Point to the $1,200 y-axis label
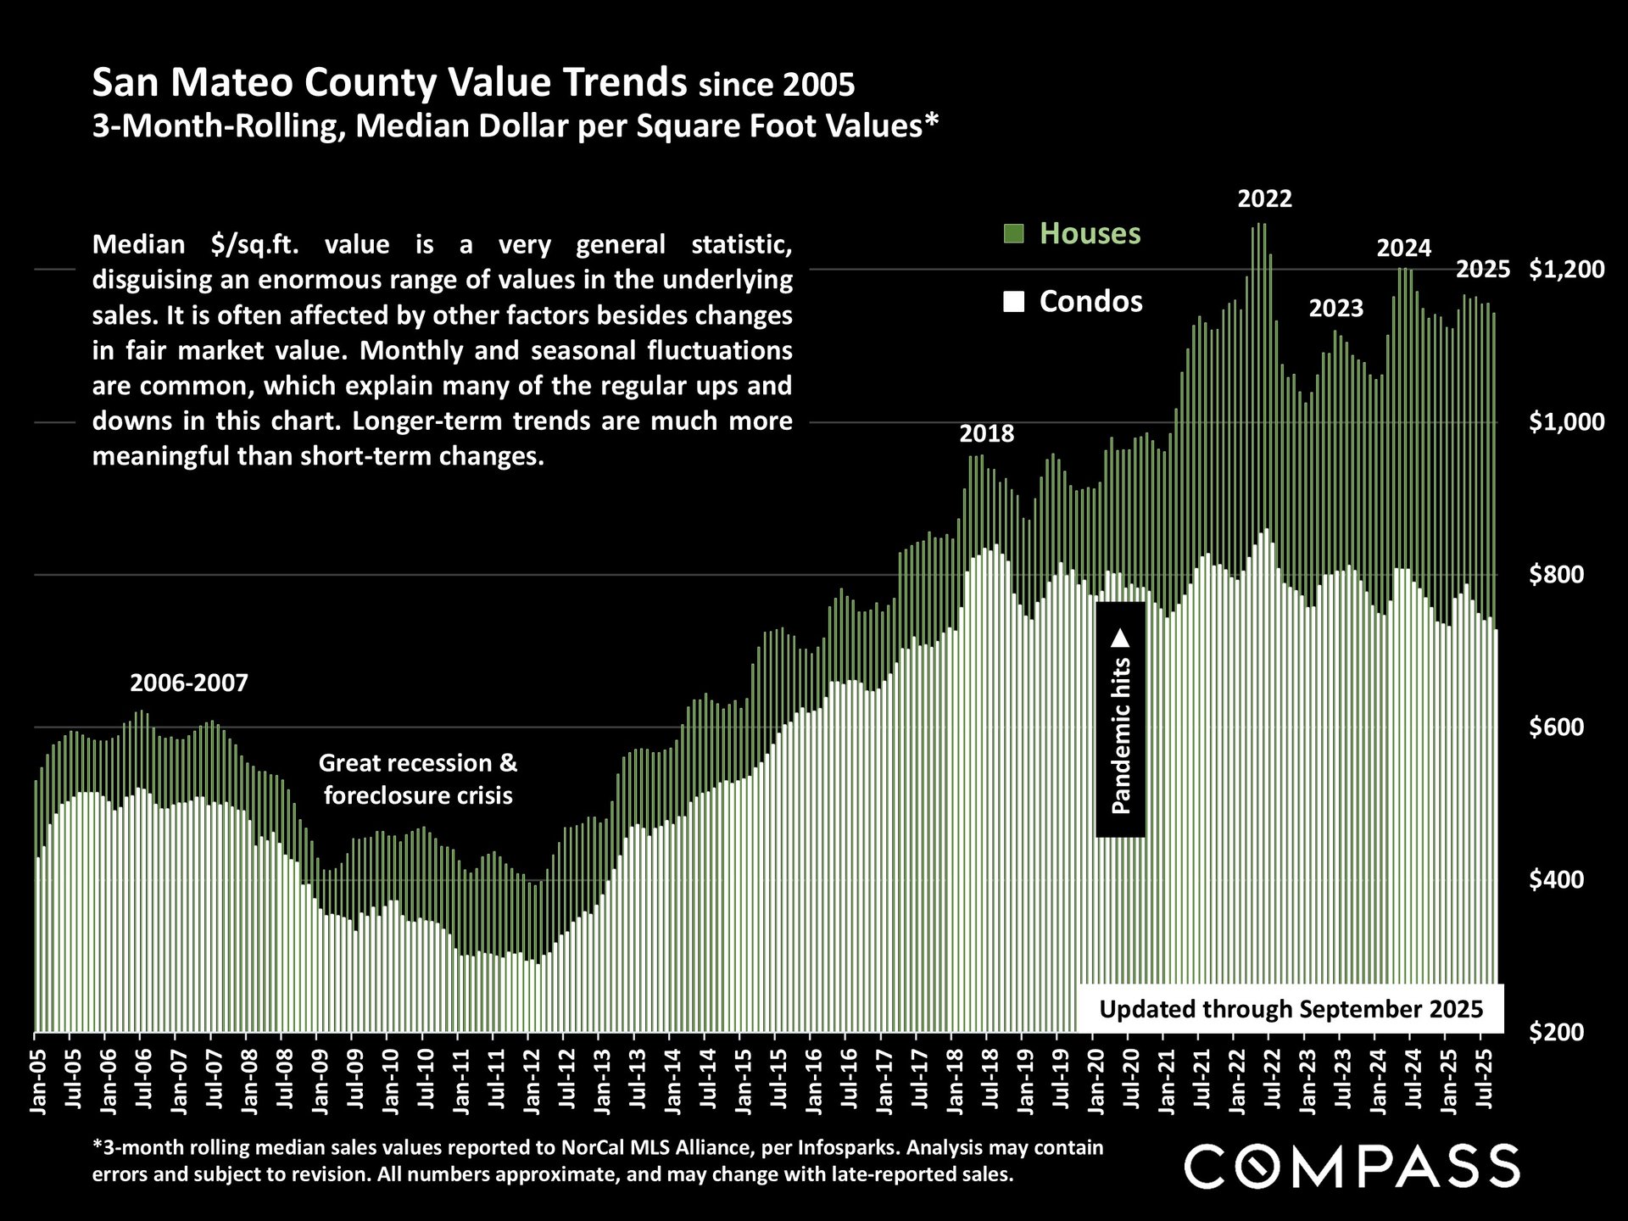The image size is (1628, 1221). point(1566,270)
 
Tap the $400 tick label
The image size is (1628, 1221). point(1566,880)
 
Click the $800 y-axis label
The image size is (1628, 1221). point(1566,575)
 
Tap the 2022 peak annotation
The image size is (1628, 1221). point(1264,199)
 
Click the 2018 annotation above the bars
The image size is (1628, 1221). point(986,434)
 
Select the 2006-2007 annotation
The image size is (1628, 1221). point(189,683)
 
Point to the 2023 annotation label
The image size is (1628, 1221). point(1335,308)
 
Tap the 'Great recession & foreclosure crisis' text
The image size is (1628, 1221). point(418,779)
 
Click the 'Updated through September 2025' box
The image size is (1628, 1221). point(1291,1009)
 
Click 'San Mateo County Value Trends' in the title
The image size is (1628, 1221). point(389,84)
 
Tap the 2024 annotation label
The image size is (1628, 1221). point(1403,248)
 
